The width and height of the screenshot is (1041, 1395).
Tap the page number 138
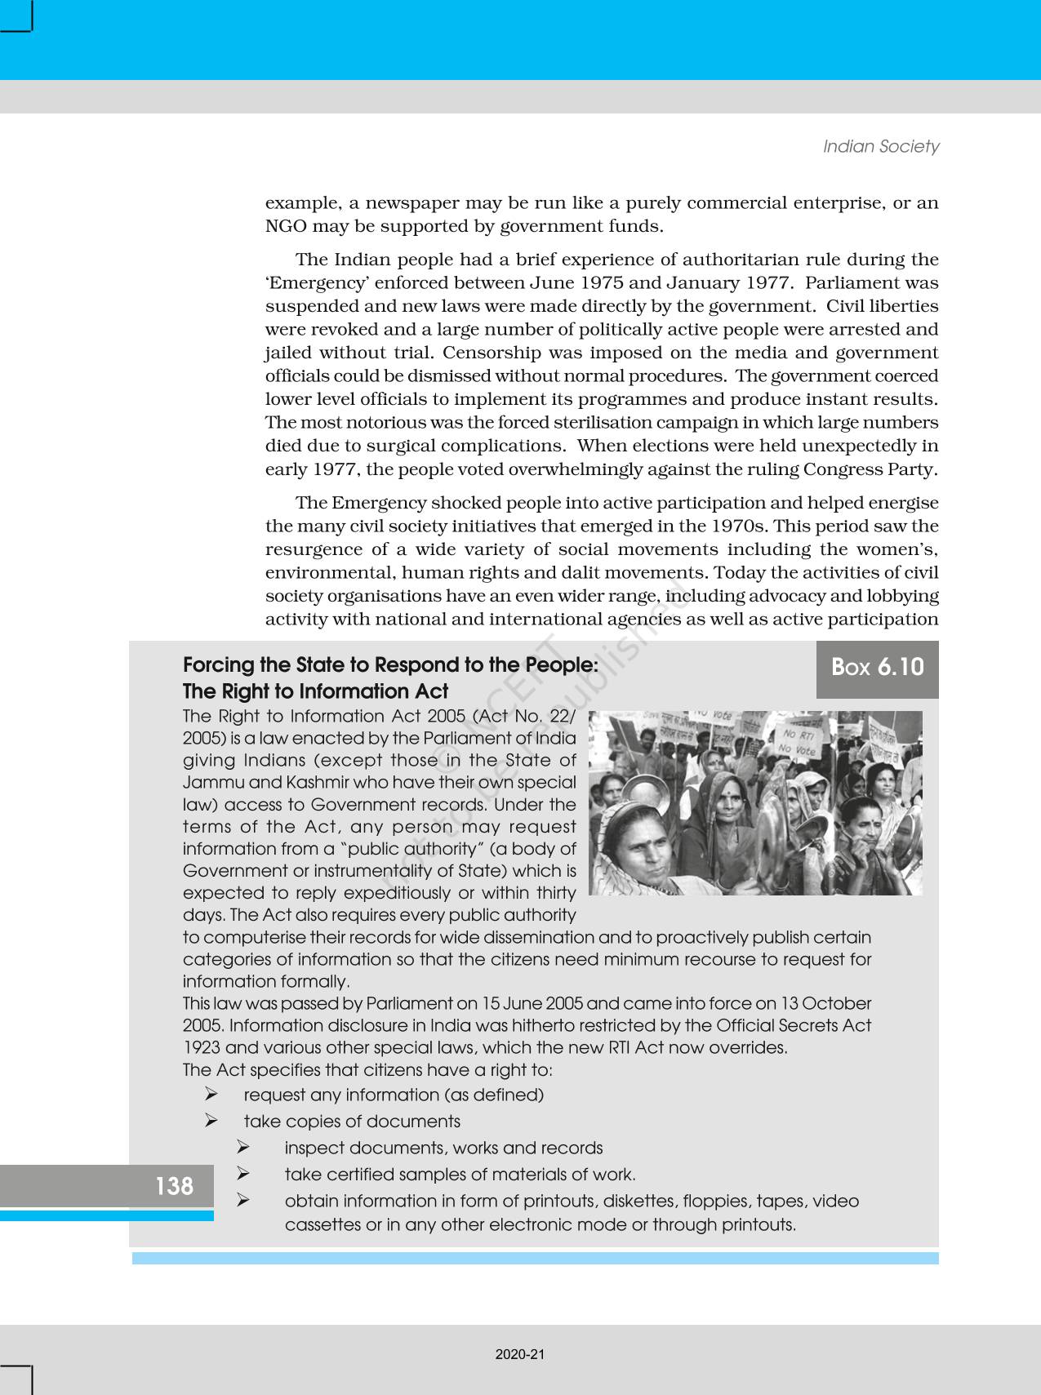pos(174,1186)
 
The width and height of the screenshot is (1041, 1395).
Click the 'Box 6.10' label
pos(877,668)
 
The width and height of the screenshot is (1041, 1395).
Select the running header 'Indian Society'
pos(880,147)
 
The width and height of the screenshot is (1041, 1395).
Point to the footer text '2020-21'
pos(520,1354)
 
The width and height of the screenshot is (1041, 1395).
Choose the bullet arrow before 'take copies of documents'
pos(211,1121)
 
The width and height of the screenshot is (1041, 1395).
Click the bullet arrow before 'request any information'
pos(211,1094)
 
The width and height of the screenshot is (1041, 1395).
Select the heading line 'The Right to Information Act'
pos(315,691)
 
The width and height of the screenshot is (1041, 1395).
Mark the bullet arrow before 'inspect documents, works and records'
pos(242,1148)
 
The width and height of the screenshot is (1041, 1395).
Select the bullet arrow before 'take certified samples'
pos(242,1174)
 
